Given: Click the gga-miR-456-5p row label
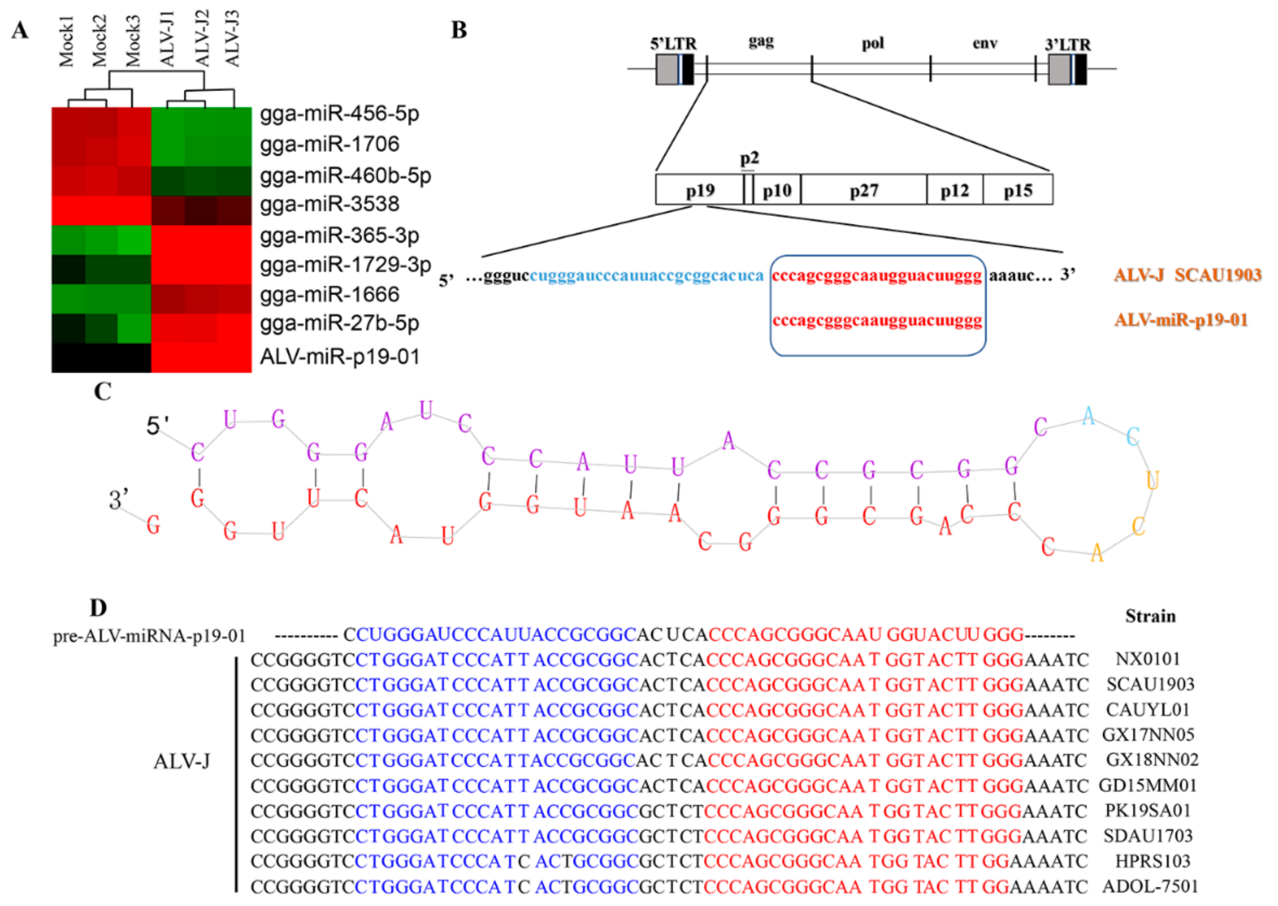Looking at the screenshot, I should [x=339, y=114].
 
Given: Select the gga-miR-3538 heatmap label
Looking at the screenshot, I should [x=330, y=204].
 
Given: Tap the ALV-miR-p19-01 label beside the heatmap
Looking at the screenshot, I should [x=340, y=357].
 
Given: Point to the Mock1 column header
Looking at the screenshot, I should [x=66, y=42].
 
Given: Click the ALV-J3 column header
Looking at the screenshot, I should [x=232, y=38].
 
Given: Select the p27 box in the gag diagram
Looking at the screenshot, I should [x=863, y=191].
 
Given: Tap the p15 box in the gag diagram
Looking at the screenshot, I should [x=1018, y=191].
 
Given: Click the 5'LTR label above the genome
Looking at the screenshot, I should [x=673, y=43].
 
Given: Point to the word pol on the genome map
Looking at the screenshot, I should [x=873, y=43].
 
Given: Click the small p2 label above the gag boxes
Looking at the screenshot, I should [x=749, y=158].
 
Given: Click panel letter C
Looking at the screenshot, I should [x=103, y=392].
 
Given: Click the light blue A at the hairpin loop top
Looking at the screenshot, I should [x=1088, y=416].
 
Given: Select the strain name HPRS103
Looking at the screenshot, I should [x=1153, y=861].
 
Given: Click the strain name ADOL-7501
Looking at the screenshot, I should [x=1150, y=887].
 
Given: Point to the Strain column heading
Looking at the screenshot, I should [x=1150, y=616].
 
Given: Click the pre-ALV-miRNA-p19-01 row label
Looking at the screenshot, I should [x=150, y=636].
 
